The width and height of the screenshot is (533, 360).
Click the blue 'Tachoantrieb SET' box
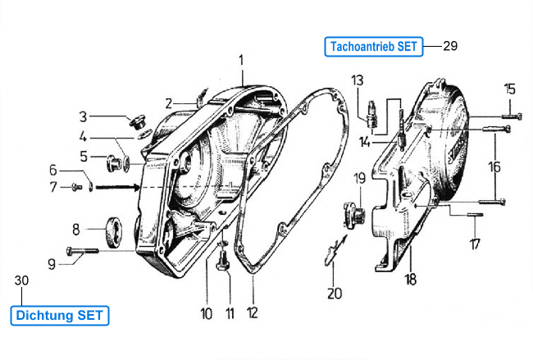tap(374, 47)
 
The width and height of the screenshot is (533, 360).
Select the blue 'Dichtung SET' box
tap(60, 316)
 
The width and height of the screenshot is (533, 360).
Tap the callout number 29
tap(450, 46)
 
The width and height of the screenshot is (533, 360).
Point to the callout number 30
tap(21, 280)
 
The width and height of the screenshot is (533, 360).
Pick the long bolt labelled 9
tap(83, 251)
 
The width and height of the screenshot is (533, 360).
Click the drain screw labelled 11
tap(223, 262)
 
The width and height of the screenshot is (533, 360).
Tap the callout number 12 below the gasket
tap(253, 312)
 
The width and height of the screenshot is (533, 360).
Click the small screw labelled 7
tap(77, 187)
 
